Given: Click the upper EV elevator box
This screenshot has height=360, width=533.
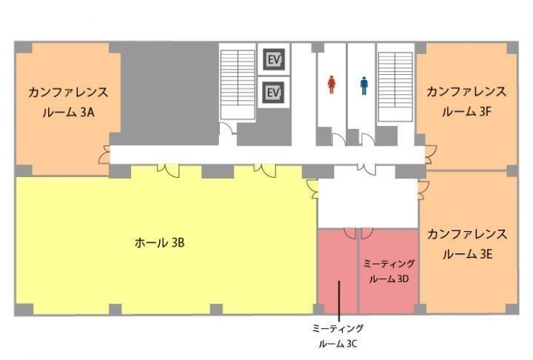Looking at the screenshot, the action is (x=274, y=59).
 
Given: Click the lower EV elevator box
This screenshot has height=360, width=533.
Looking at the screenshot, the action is (x=274, y=93).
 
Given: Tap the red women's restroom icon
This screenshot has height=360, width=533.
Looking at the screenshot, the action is (x=332, y=84).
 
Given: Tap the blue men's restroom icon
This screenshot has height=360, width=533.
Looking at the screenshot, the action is (x=364, y=85).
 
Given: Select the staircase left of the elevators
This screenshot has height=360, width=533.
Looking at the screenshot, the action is (x=238, y=84).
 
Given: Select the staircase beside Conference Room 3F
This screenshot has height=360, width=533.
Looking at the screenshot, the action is (x=395, y=87).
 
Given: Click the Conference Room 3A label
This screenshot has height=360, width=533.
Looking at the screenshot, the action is (x=68, y=102).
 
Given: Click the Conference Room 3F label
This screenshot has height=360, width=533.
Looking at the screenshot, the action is (x=466, y=101).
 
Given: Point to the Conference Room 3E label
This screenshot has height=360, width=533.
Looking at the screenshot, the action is (x=466, y=244).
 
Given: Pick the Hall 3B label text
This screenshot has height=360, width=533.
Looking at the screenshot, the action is (x=159, y=243).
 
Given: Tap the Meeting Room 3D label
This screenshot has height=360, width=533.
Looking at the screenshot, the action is (x=389, y=271).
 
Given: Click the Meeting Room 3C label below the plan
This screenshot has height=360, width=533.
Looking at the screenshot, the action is (x=338, y=336).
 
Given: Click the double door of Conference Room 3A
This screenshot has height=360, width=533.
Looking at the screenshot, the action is (x=104, y=155).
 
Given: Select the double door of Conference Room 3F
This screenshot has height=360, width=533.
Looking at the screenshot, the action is (x=430, y=155).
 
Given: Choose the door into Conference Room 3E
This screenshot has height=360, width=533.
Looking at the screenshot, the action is (x=423, y=190).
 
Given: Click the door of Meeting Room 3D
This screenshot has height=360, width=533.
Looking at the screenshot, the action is (x=366, y=233).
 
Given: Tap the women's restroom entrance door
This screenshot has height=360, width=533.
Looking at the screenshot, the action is (x=338, y=140).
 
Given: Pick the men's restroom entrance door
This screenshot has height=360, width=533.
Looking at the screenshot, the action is (x=368, y=140).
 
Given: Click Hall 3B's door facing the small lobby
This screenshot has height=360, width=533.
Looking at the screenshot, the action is (x=312, y=190).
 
